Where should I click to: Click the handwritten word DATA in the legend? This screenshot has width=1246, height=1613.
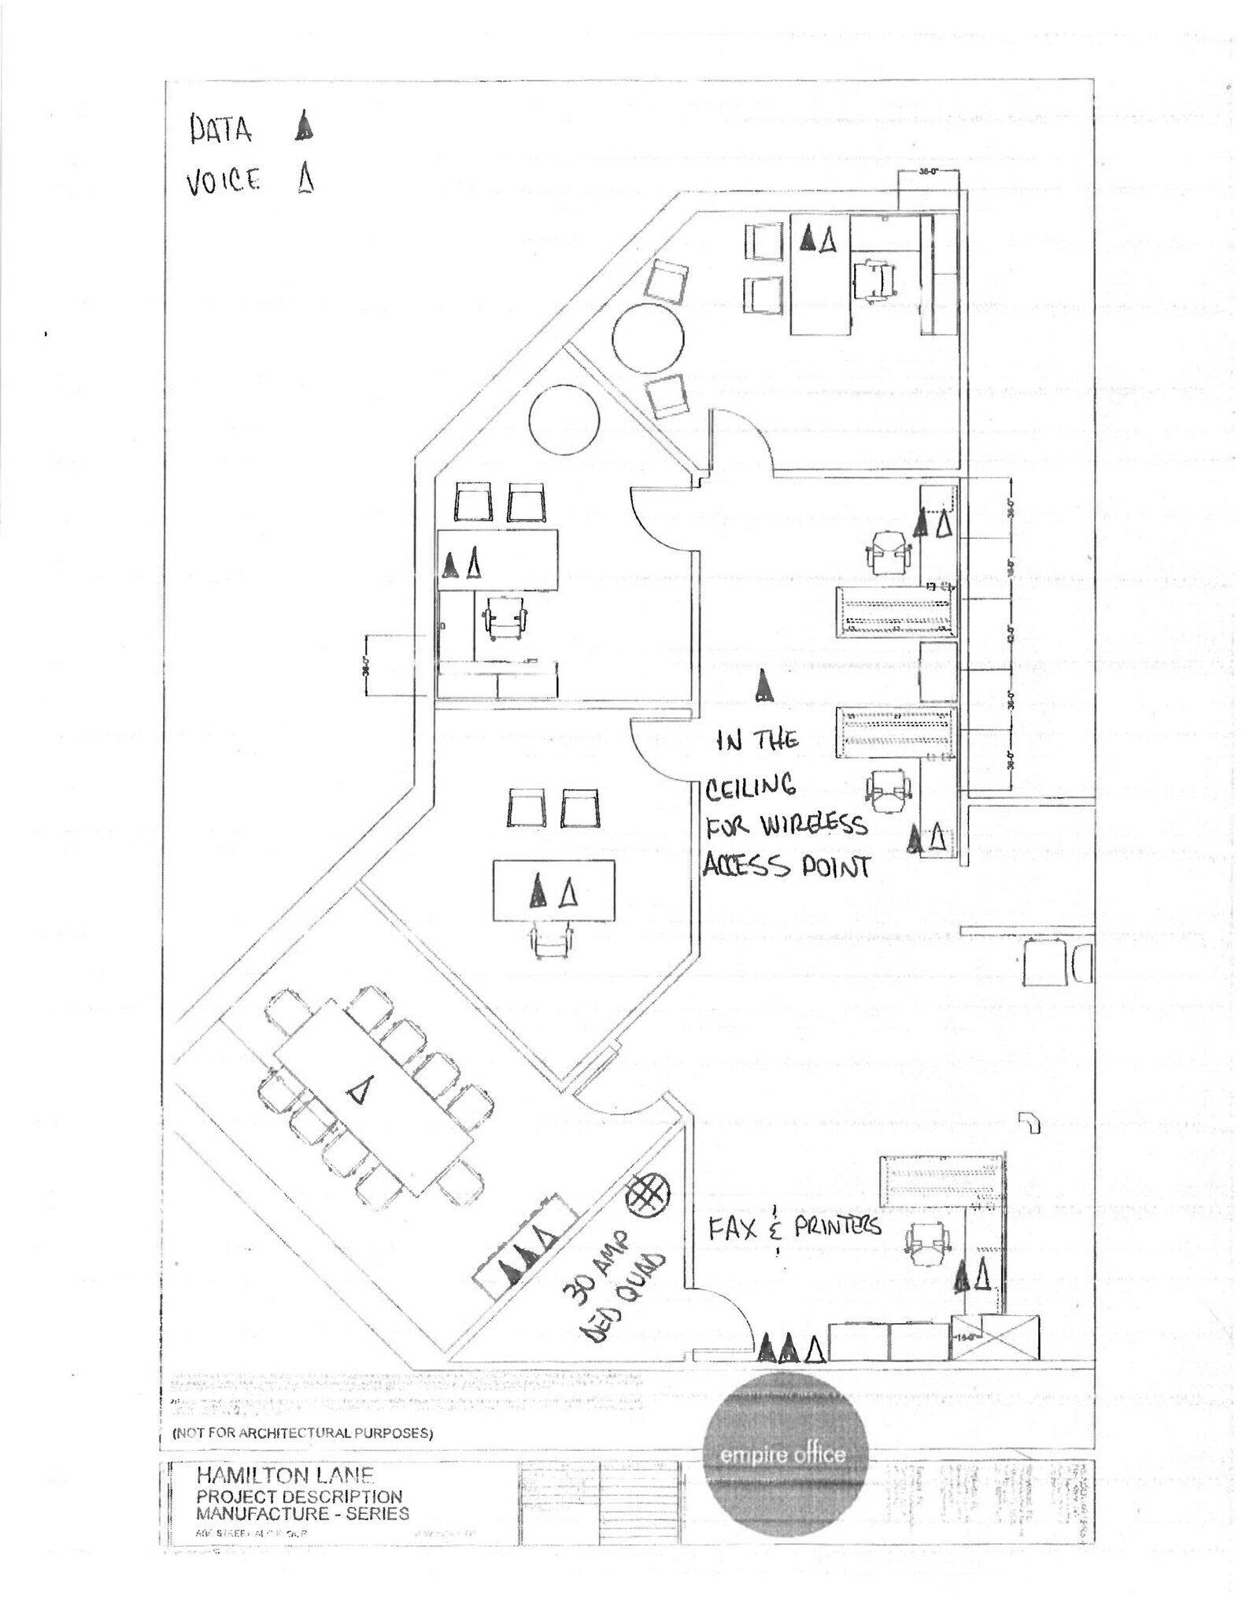pos(220,129)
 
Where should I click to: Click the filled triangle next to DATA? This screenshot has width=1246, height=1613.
pos(304,126)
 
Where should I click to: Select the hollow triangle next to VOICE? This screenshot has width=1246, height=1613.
pos(306,178)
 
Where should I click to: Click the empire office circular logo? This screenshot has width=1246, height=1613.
pos(784,1454)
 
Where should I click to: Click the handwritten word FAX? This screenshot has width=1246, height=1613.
pos(733,1229)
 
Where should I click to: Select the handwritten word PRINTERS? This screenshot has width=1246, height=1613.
pos(837,1227)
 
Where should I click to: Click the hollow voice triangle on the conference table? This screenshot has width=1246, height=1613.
pos(359,1091)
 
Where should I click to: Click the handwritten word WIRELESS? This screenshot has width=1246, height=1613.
pos(813,826)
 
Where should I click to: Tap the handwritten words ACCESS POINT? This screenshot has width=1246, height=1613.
pos(786,866)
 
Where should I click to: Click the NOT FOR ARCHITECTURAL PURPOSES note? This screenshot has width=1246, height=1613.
pos(302,1433)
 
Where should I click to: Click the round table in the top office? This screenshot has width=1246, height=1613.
pos(648,339)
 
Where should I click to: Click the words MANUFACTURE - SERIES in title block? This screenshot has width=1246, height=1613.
pos(302,1513)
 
